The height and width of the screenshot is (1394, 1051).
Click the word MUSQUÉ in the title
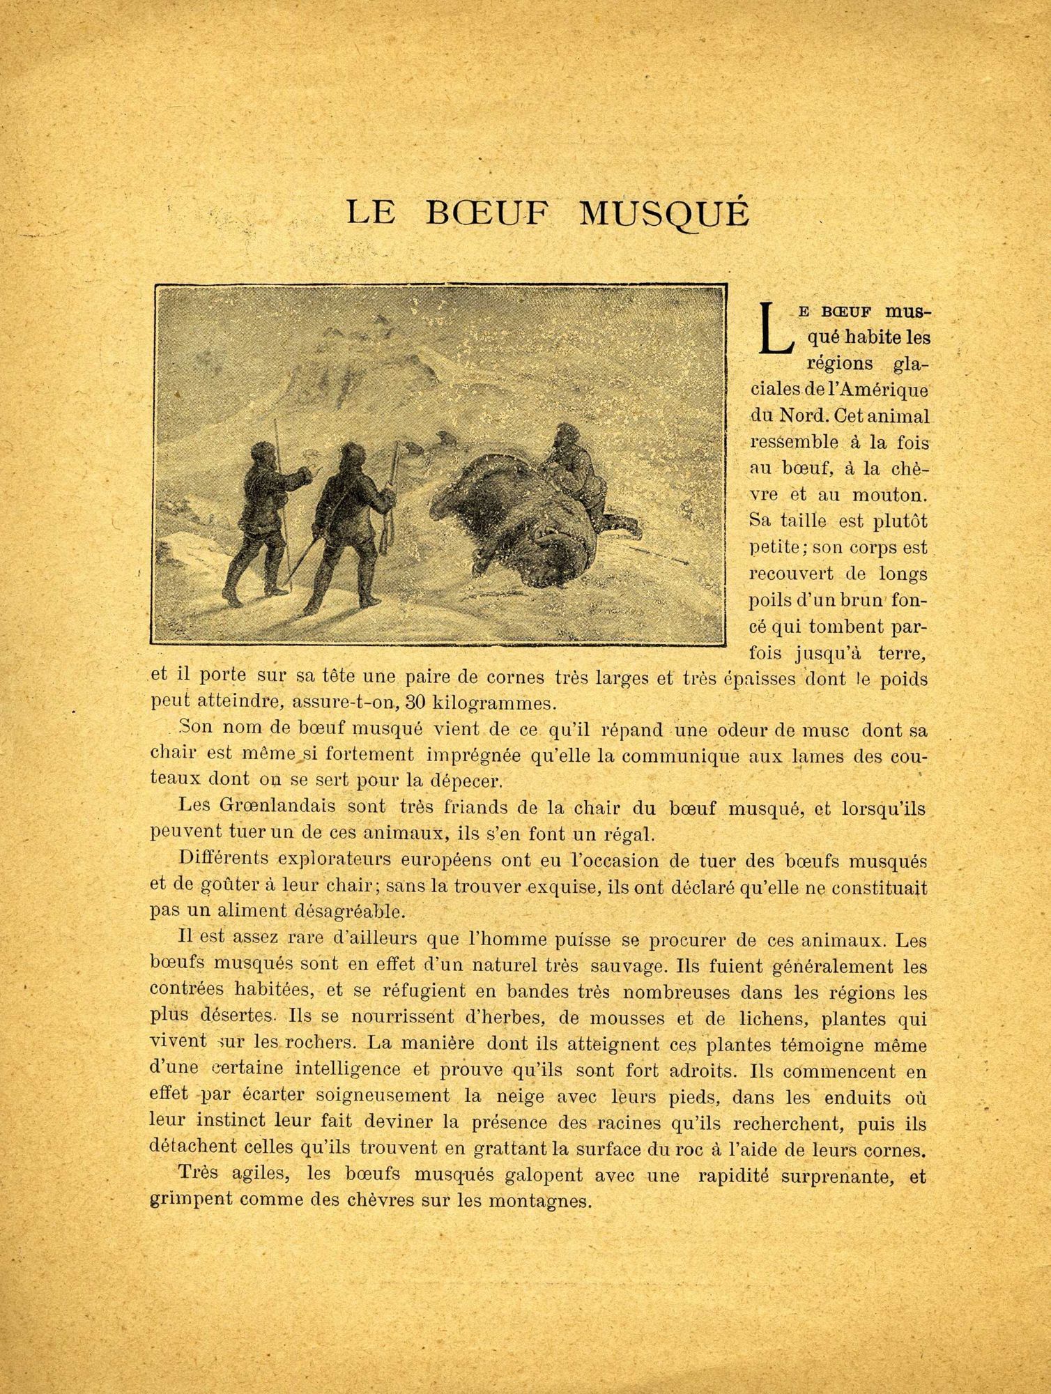664,213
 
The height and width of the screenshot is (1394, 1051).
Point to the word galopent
535,1174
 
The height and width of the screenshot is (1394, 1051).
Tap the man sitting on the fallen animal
578,467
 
